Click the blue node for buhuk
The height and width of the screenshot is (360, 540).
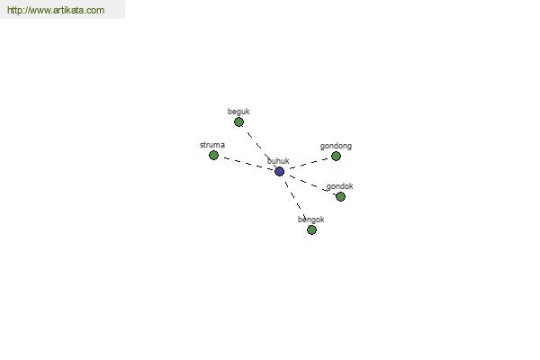tap(279, 171)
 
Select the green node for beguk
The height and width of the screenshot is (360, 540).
tap(238, 122)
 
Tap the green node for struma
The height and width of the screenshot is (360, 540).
tap(213, 156)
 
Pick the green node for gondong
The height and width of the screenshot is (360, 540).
tap(336, 157)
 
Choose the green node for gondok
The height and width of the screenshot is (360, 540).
tap(340, 197)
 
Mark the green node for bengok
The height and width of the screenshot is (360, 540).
tap(311, 229)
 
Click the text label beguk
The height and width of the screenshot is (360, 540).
tap(238, 112)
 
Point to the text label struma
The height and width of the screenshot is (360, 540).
tap(212, 145)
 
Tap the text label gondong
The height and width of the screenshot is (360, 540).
tap(336, 146)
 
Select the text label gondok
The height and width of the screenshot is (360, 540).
tap(339, 186)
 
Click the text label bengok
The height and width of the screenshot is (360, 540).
tap(311, 220)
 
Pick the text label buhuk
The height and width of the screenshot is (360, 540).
tap(278, 161)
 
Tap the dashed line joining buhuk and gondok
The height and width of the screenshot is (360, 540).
tap(309, 184)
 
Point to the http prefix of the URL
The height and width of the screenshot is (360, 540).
tap(14, 10)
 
